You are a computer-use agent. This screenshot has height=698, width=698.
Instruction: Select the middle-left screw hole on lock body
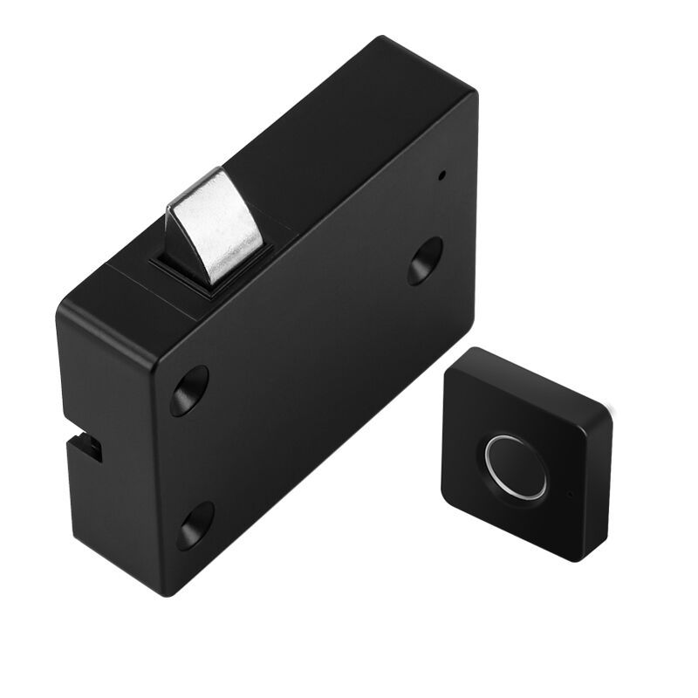[189, 389]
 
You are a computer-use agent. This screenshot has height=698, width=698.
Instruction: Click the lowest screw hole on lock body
[195, 525]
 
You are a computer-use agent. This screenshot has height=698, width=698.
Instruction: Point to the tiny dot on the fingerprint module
[569, 495]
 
